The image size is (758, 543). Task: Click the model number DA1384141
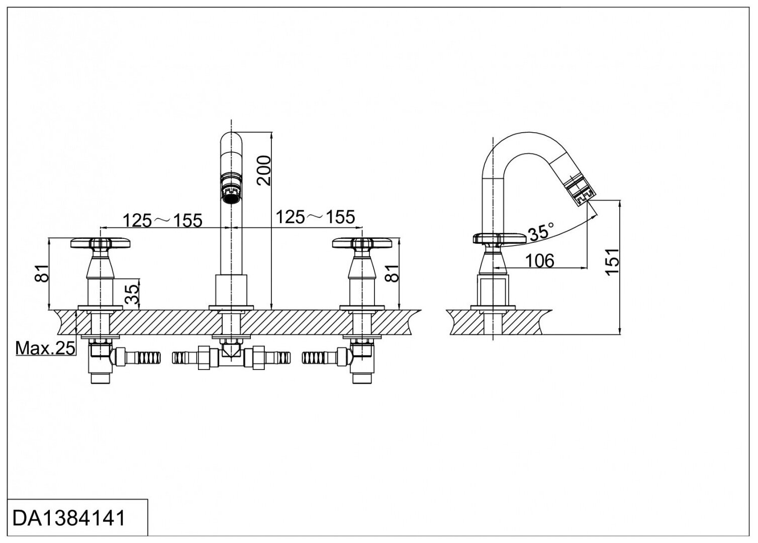(69, 518)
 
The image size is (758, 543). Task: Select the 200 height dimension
(263, 171)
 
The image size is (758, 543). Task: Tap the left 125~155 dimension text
(163, 220)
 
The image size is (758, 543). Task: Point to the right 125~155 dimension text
(315, 217)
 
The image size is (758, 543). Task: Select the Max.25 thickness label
(45, 348)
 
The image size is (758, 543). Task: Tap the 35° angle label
(540, 232)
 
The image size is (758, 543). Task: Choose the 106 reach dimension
(540, 260)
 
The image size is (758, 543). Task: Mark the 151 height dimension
(611, 261)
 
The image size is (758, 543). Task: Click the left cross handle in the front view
(108, 244)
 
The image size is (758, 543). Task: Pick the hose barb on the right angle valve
(320, 357)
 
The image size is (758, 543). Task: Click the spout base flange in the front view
(231, 308)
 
